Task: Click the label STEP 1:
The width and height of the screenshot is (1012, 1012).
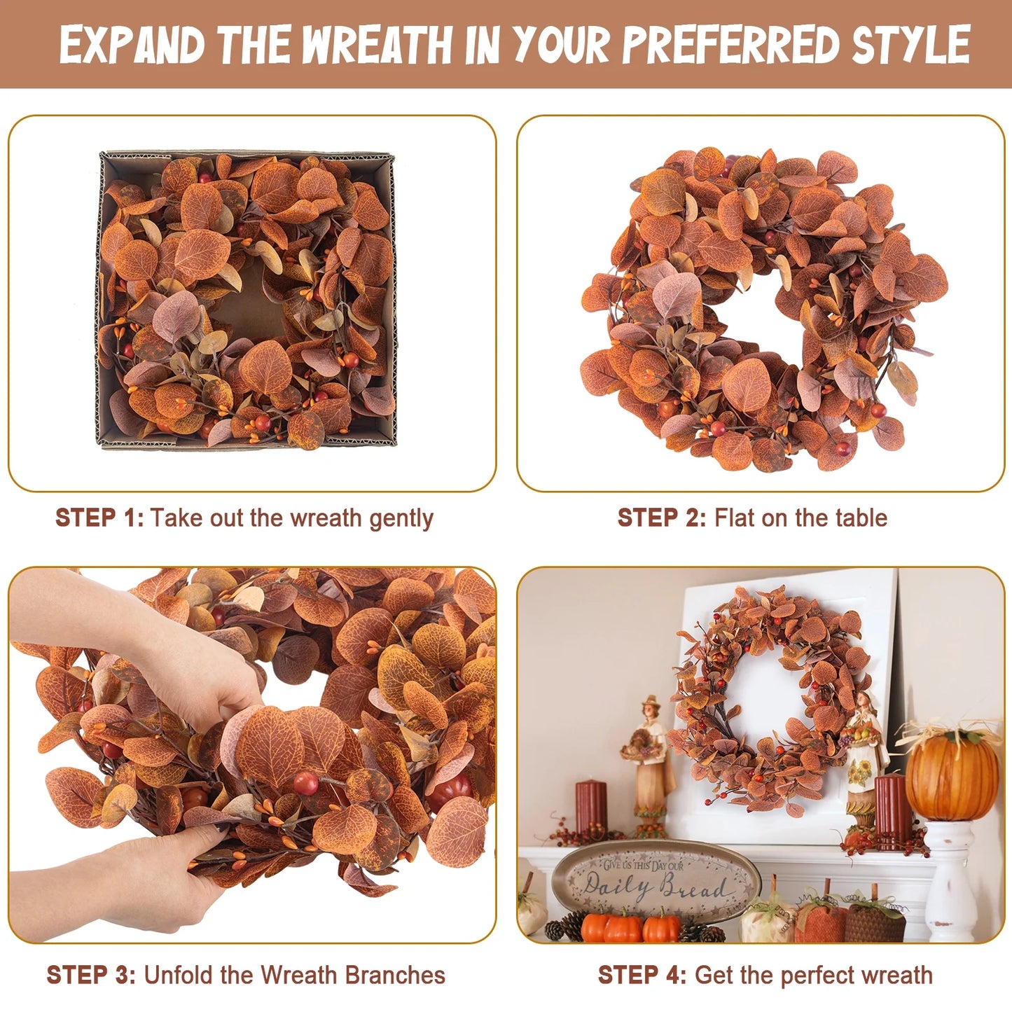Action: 99,518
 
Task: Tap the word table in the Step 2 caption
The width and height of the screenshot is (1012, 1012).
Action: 862,518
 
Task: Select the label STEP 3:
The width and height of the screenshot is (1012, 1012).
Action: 91,961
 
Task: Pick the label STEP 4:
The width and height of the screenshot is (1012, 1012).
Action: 642,961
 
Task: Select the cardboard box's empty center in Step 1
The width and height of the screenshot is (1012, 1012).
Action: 247,305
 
